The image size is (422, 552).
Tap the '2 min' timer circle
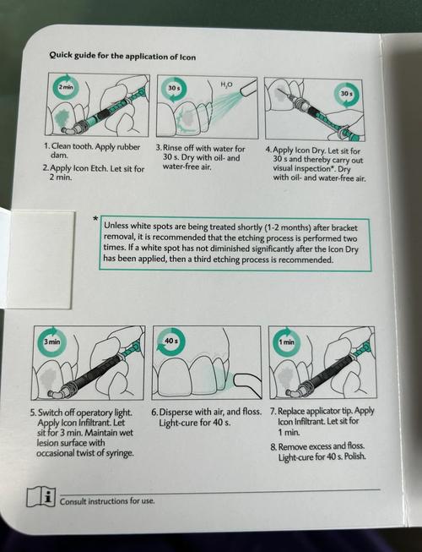66,87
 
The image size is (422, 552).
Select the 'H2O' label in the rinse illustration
226,84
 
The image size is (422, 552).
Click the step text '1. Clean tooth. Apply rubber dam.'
84,150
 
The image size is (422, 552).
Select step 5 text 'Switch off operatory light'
87,431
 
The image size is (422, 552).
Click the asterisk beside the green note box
95,219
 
